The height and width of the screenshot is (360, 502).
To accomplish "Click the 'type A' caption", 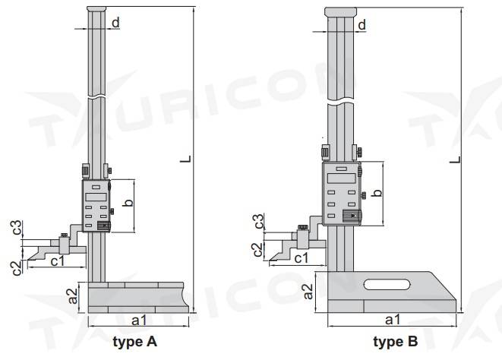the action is pyautogui.click(x=134, y=342).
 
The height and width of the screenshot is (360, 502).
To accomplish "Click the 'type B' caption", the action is pyautogui.click(x=396, y=342).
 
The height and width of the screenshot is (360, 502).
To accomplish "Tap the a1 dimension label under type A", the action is pyautogui.click(x=139, y=320).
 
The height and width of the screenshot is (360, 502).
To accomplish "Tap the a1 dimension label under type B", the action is pyautogui.click(x=393, y=320).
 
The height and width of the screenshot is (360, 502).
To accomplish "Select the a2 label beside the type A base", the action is pyautogui.click(x=73, y=295).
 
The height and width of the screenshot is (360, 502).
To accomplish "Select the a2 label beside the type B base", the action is pyautogui.click(x=308, y=291).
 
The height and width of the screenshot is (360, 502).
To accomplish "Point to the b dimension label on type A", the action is pyautogui.click(x=128, y=203).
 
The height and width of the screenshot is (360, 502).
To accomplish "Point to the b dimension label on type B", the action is pyautogui.click(x=377, y=192).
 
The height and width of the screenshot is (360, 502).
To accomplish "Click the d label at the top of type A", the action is pyautogui.click(x=115, y=23).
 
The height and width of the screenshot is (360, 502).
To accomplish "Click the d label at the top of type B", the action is pyautogui.click(x=362, y=24).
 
